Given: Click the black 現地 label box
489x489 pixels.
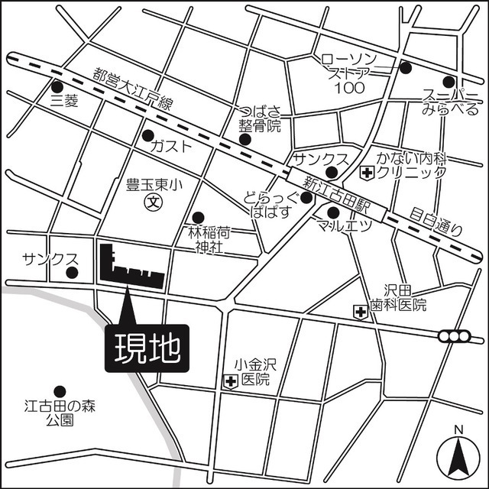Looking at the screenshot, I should pyautogui.click(x=147, y=350).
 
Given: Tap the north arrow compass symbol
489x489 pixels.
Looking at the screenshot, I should pyautogui.click(x=458, y=454).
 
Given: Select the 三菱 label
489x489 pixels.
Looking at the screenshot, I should pyautogui.click(x=65, y=99).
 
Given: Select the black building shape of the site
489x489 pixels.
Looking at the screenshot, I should pyautogui.click(x=130, y=268).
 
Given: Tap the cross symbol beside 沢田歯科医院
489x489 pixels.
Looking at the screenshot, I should pyautogui.click(x=359, y=311).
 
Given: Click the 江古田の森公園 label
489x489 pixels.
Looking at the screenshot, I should pyautogui.click(x=58, y=411).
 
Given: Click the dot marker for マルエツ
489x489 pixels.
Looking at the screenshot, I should pyautogui.click(x=333, y=212).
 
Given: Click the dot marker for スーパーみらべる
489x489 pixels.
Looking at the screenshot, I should pyautogui.click(x=449, y=81).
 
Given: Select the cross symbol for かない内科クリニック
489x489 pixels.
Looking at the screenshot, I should pyautogui.click(x=368, y=173).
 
